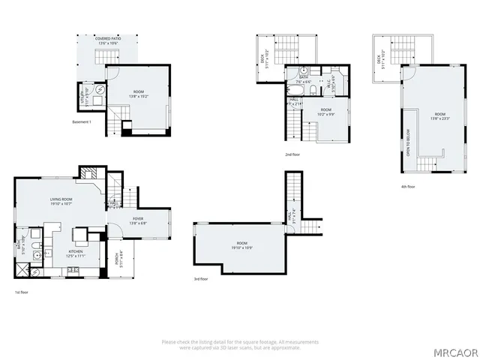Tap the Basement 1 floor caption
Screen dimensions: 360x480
(x=82, y=121)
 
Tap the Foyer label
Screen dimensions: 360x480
(x=118, y=218)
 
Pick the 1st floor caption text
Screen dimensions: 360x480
(x=22, y=292)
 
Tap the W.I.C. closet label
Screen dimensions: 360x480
(x=331, y=85)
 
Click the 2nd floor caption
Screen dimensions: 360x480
(x=292, y=154)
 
